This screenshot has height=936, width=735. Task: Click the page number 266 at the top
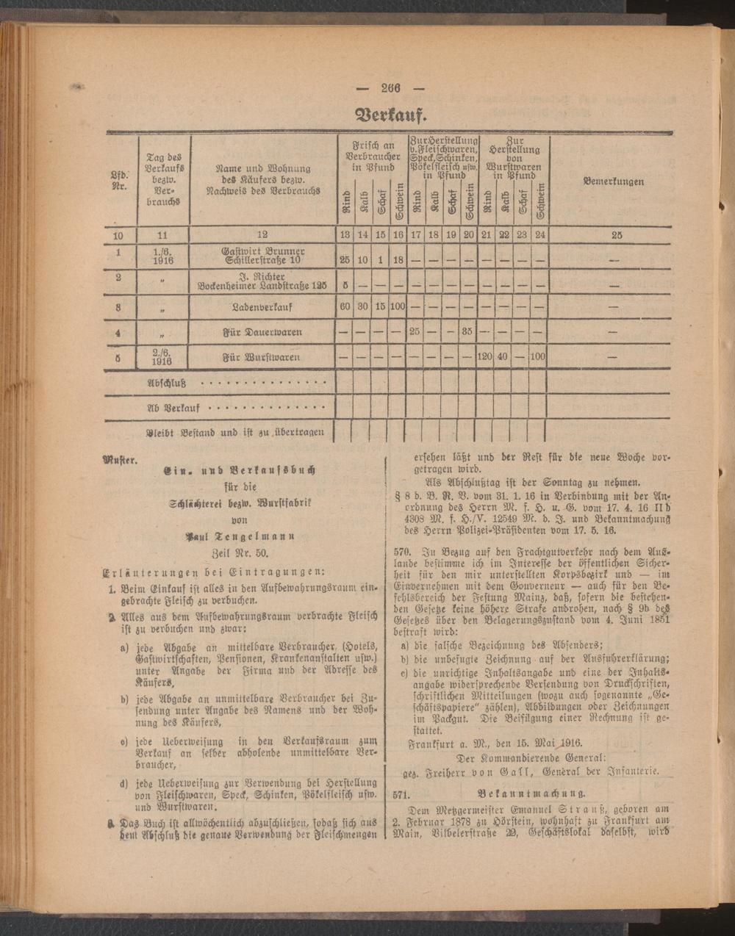pyautogui.click(x=390, y=89)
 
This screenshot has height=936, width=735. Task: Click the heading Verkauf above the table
pyautogui.click(x=390, y=115)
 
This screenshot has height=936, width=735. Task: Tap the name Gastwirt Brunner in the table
pyautogui.click(x=263, y=251)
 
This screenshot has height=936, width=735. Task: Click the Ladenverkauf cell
pyautogui.click(x=262, y=307)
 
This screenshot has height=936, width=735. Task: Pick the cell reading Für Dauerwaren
pyautogui.click(x=262, y=332)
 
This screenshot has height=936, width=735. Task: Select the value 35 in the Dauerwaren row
pyautogui.click(x=468, y=332)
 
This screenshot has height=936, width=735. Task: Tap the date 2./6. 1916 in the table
pyautogui.click(x=162, y=357)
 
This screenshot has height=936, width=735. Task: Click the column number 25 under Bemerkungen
pyautogui.click(x=616, y=235)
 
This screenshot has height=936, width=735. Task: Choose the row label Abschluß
pyautogui.click(x=166, y=383)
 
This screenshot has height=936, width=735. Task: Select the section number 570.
pyautogui.click(x=401, y=550)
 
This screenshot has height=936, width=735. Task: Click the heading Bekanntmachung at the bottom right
pyautogui.click(x=531, y=793)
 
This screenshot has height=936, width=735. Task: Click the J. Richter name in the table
pyautogui.click(x=262, y=277)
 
